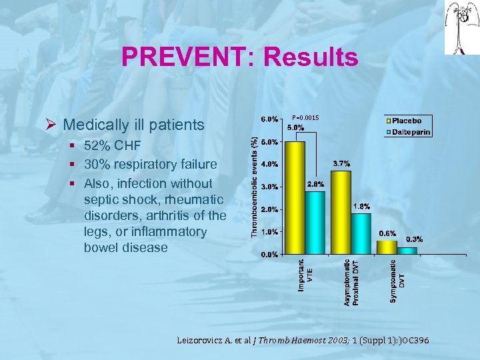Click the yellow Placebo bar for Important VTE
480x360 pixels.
[x=295, y=198]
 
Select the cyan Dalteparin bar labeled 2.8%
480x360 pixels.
[x=315, y=223]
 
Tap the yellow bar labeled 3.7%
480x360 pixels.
[x=341, y=213]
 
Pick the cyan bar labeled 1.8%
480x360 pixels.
[x=361, y=233]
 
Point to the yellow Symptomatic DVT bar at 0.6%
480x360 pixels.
[x=387, y=247]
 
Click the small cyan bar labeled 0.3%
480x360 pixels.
[x=407, y=251]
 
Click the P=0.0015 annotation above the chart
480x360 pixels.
[x=305, y=118]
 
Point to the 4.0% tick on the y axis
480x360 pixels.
[x=269, y=165]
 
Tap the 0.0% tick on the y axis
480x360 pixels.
[x=269, y=254]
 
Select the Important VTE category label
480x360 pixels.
[x=305, y=275]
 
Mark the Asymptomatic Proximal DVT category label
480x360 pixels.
[x=351, y=283]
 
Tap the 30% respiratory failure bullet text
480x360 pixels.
[x=150, y=165]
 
